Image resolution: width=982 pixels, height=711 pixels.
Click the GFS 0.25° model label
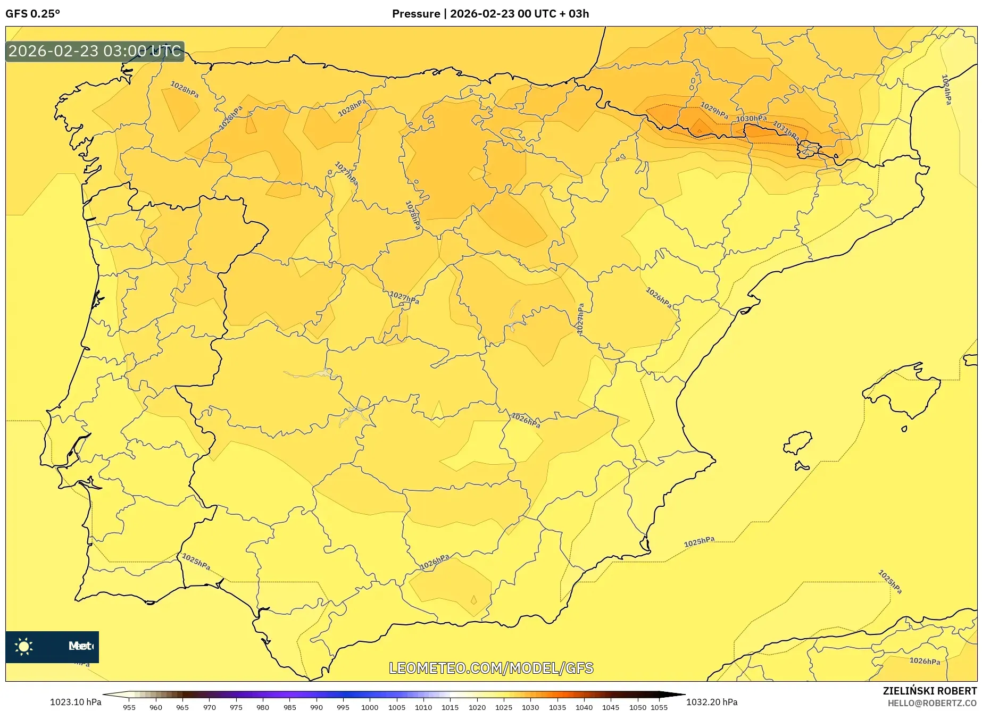[x=33, y=14]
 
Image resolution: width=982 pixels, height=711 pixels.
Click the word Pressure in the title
[x=416, y=14]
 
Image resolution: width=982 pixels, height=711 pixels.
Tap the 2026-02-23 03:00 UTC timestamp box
[x=95, y=51]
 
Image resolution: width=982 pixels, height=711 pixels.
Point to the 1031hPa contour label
[x=786, y=131]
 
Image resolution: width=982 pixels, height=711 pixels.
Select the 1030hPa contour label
[x=751, y=119]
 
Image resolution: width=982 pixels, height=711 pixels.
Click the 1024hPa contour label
[x=946, y=89]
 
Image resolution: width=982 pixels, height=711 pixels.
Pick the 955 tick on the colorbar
[x=129, y=707]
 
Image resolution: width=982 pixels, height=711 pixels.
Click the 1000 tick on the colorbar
[x=370, y=707]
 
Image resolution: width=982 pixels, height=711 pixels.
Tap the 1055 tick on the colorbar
[x=659, y=707]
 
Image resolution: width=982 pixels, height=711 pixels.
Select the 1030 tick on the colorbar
[x=530, y=707]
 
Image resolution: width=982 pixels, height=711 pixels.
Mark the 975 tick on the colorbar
[x=236, y=707]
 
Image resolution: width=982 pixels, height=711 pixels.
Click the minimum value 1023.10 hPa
[x=76, y=702]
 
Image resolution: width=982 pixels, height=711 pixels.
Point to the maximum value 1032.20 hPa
[x=712, y=702]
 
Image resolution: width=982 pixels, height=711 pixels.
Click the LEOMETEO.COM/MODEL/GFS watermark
[x=491, y=668]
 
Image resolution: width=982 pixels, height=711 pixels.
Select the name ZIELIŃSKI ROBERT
[x=930, y=691]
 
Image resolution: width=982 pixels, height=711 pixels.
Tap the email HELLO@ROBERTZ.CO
[x=932, y=703]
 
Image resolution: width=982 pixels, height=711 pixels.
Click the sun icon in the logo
[x=24, y=647]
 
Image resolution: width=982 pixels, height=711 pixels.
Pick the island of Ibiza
[x=797, y=442]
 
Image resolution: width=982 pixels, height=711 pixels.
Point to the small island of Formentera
[x=802, y=467]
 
